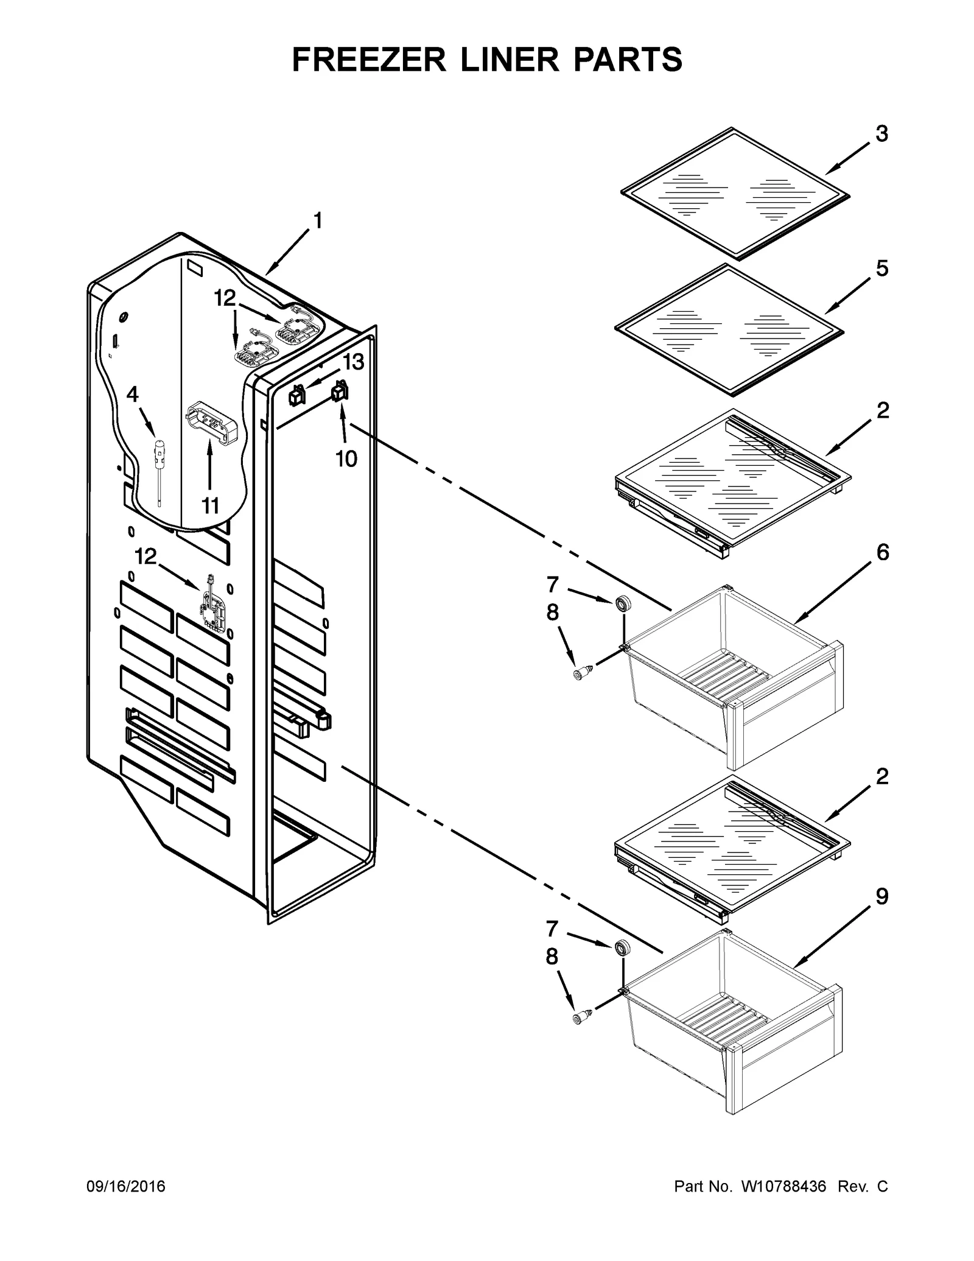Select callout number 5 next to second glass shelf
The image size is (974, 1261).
pyautogui.click(x=882, y=269)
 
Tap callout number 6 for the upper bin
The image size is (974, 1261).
pyautogui.click(x=882, y=552)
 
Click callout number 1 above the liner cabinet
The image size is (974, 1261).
pyautogui.click(x=317, y=221)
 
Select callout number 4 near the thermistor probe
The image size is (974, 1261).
pyautogui.click(x=132, y=395)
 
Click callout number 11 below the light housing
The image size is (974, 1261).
pyautogui.click(x=209, y=505)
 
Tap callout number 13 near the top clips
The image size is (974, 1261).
pyautogui.click(x=352, y=362)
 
